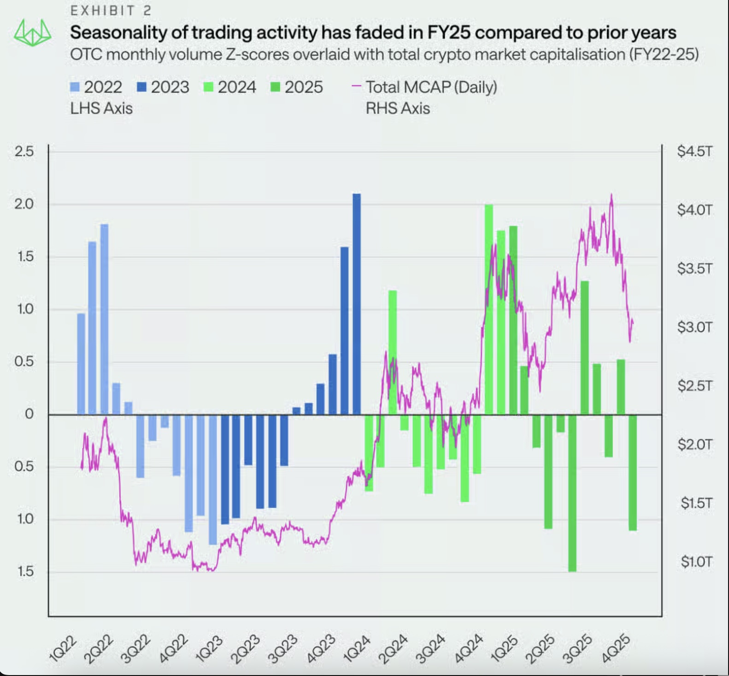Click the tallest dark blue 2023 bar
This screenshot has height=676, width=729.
tap(357, 304)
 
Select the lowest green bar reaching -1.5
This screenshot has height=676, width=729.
tap(572, 493)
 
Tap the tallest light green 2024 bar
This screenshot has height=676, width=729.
tap(489, 309)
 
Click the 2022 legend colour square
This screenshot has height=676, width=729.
tap(75, 87)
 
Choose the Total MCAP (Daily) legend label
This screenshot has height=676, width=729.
tap(431, 87)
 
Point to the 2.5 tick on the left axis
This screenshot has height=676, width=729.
tap(24, 152)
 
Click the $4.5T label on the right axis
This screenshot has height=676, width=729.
tap(694, 152)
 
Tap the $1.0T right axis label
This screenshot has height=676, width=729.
tap(696, 561)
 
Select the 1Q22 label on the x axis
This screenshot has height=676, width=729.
tap(63, 648)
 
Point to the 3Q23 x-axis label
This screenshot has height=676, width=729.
tap(283, 648)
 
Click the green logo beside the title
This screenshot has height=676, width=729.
tap(32, 33)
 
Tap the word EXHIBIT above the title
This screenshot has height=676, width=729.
tap(102, 11)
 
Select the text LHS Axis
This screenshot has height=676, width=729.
tap(101, 108)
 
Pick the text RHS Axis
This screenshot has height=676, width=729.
tap(398, 108)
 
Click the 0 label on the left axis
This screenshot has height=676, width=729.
tap(29, 414)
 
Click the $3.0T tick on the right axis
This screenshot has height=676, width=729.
tap(694, 327)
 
